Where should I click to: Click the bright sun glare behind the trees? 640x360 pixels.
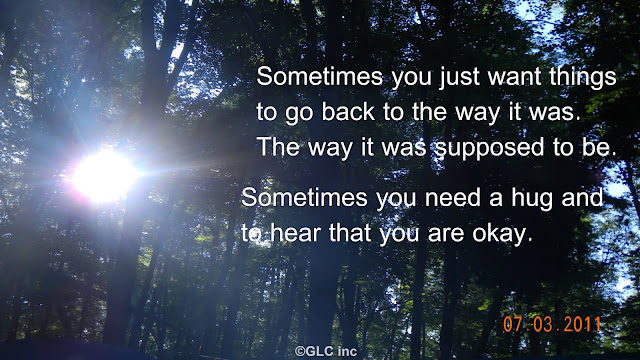[x=105, y=176]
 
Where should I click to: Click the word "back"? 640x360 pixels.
[x=348, y=111]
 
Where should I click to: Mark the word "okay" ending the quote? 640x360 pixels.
[x=499, y=235]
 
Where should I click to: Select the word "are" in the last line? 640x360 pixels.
[x=446, y=235]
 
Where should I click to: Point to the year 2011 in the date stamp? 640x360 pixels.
[x=582, y=324]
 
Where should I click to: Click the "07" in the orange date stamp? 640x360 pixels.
[x=513, y=324]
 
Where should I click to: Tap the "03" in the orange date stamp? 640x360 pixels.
[x=543, y=324]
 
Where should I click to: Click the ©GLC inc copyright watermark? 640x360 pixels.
[x=326, y=351]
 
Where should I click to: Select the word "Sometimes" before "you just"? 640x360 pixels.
[x=320, y=76]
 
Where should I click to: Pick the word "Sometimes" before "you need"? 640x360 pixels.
[x=304, y=198]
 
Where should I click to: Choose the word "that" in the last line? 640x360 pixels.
[x=350, y=233]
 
